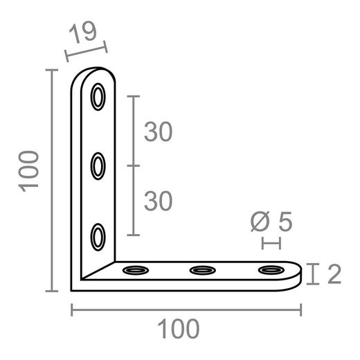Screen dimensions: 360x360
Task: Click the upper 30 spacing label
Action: point(158,132)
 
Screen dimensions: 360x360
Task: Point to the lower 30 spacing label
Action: point(158,201)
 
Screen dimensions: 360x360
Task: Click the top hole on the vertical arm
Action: point(98,97)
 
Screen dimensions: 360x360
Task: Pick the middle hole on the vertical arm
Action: point(98,166)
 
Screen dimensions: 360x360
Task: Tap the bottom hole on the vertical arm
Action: point(98,235)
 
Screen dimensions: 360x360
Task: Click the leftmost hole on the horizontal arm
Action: point(134,269)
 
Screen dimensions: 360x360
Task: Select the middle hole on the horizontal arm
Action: point(202,269)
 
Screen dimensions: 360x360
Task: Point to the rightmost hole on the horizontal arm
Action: point(271,269)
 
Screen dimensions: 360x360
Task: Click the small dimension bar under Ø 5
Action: point(271,243)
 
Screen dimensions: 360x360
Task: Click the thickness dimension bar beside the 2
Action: point(315,274)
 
